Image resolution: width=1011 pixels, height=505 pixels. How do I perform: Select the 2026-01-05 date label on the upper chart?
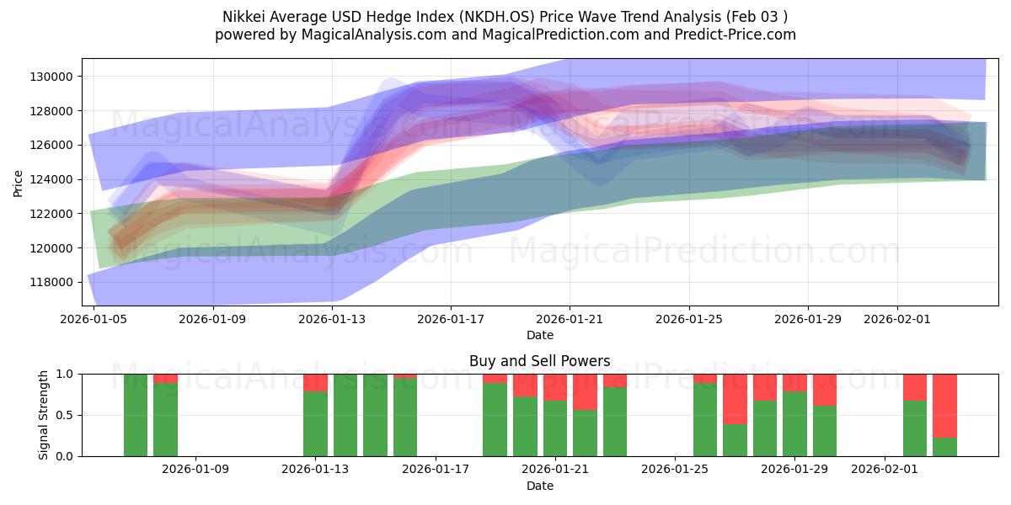[94, 319]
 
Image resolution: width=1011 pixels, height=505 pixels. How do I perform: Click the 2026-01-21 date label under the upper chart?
[570, 319]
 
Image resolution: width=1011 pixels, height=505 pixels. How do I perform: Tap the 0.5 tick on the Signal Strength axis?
[67, 415]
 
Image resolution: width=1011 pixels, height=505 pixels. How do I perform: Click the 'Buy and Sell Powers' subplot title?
[539, 361]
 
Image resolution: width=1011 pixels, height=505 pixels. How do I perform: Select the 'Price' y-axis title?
[19, 182]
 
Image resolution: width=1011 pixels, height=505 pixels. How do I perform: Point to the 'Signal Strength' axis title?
[44, 415]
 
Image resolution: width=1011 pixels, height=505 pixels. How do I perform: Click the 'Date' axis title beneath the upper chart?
[539, 335]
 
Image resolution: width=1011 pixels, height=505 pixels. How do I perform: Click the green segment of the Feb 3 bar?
[944, 447]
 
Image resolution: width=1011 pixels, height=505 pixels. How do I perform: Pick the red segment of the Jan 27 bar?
[735, 399]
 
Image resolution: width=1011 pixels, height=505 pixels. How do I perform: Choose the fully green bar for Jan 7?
[136, 415]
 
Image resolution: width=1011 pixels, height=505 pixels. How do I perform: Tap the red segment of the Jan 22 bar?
[585, 392]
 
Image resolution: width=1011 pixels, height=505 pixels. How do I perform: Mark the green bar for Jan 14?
[345, 415]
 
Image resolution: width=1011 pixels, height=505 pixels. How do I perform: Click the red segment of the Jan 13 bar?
[315, 382]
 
